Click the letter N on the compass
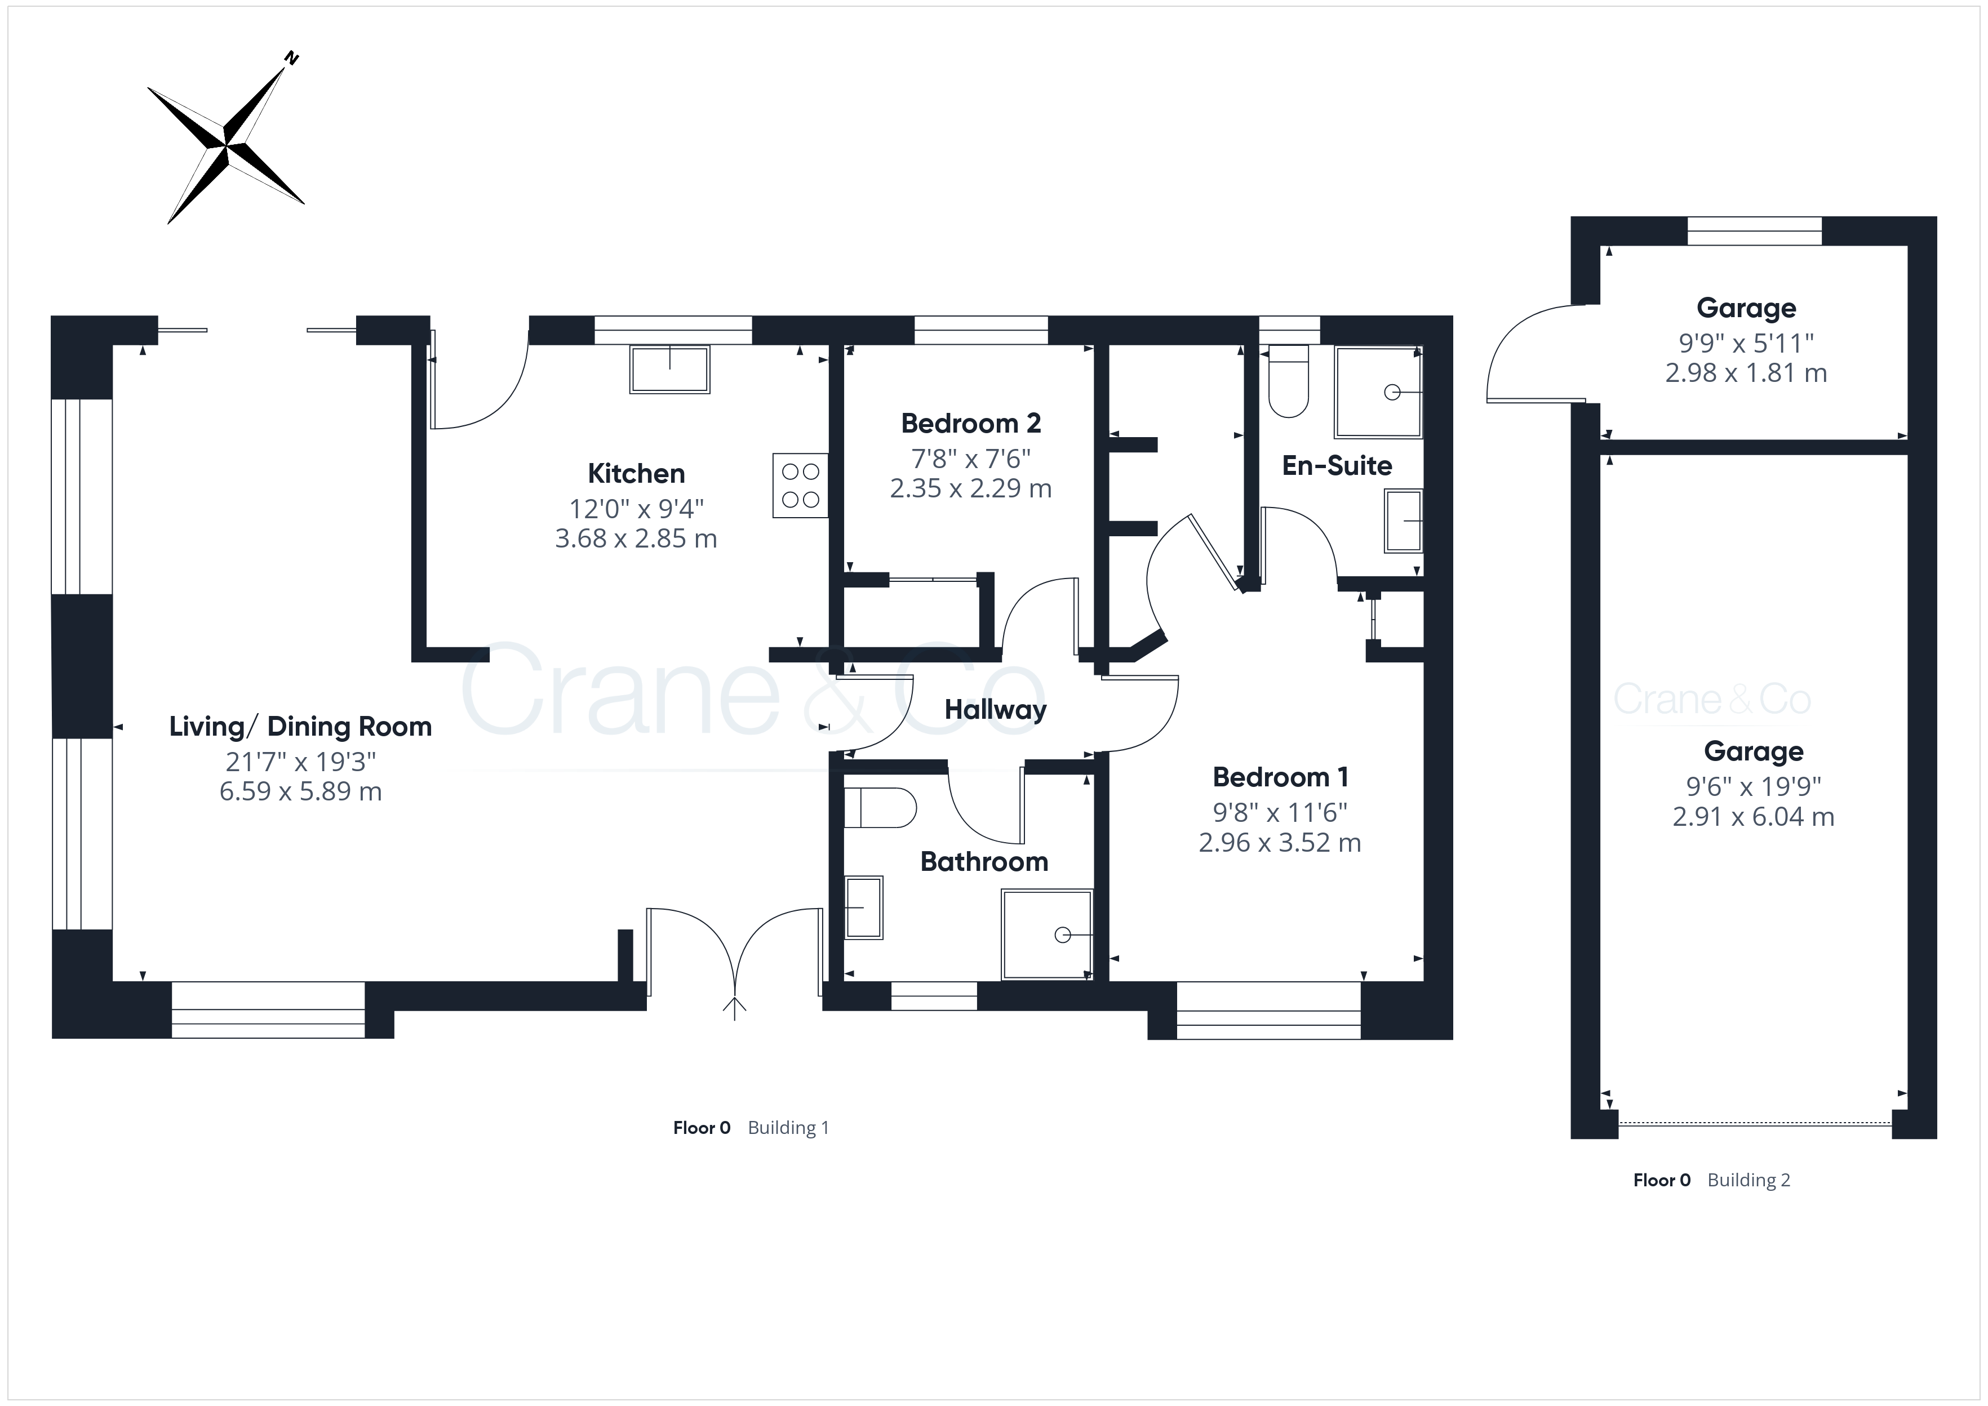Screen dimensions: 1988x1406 click(x=292, y=59)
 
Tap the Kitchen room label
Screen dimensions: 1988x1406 click(x=636, y=474)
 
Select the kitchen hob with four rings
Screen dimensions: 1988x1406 click(x=800, y=486)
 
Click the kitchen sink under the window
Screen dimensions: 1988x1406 click(x=670, y=370)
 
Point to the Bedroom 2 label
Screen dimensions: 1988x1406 click(x=971, y=424)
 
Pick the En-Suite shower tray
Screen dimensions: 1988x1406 click(x=1378, y=392)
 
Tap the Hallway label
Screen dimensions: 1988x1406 click(x=996, y=710)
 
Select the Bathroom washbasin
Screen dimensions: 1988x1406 click(x=863, y=907)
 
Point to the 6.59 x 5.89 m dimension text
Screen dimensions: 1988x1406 click(x=300, y=791)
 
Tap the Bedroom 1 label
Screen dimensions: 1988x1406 click(x=1281, y=777)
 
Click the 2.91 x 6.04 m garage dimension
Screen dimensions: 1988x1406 click(x=1754, y=816)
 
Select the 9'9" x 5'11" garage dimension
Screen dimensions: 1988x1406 click(x=1746, y=344)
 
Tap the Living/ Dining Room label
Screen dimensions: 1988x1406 click(x=300, y=726)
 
